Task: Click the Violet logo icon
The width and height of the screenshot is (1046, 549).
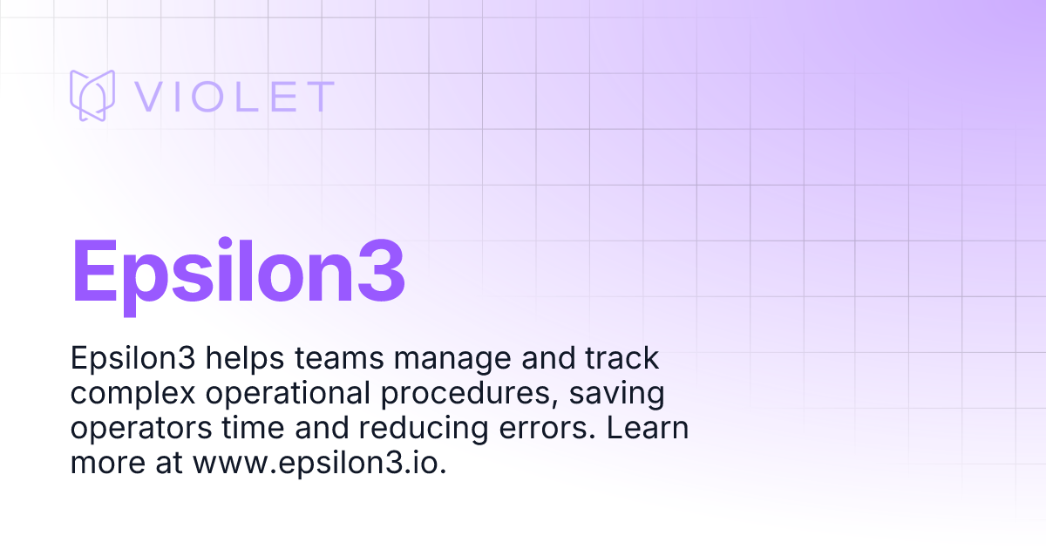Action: pyautogui.click(x=92, y=95)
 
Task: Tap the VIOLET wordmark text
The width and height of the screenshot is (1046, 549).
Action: pyautogui.click(x=234, y=97)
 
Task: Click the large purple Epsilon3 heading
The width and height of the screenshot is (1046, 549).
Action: pyautogui.click(x=239, y=271)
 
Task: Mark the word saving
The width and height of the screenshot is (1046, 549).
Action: pyautogui.click(x=620, y=395)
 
